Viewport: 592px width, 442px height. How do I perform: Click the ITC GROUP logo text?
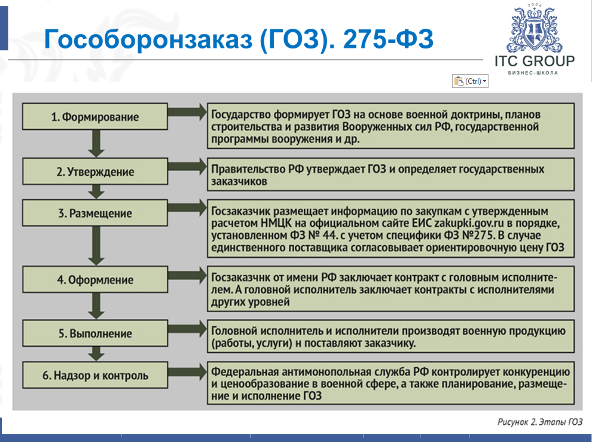(x=534, y=61)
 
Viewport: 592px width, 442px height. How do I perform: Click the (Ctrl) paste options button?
(x=471, y=81)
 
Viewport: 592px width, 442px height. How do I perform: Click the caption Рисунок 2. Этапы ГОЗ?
(x=539, y=422)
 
